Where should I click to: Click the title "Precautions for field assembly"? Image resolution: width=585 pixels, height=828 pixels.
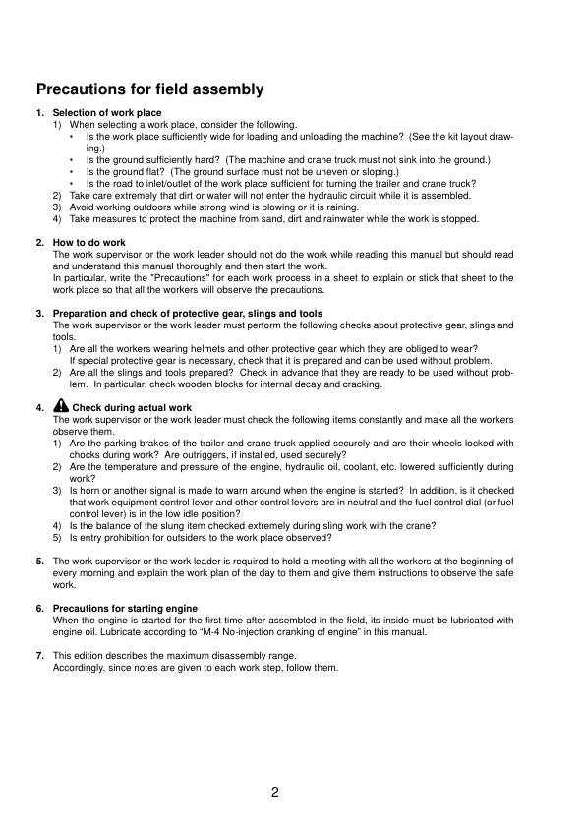point(149,89)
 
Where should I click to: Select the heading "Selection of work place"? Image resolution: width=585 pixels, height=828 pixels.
point(107,113)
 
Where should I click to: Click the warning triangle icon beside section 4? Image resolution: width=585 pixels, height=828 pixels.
point(61,405)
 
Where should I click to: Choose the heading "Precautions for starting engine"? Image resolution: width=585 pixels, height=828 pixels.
point(125,609)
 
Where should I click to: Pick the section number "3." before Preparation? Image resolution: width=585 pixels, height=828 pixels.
point(40,314)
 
